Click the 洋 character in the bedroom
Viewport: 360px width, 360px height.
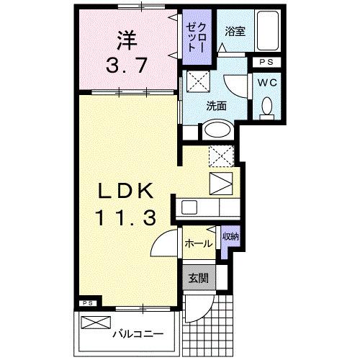coord(126,36)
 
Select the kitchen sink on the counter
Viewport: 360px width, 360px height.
coord(189,207)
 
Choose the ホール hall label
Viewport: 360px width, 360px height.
coord(199,243)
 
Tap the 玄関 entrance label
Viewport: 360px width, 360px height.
coord(199,277)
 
